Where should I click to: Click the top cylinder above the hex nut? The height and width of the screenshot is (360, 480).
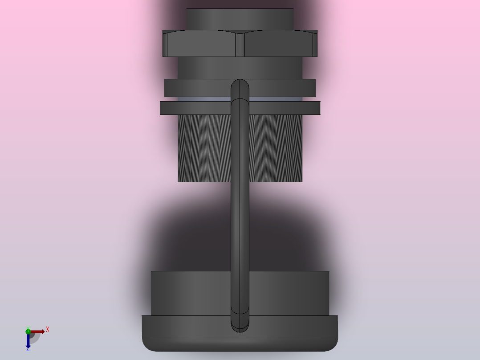point(240,19)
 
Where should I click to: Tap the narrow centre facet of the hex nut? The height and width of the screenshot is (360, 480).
point(240,45)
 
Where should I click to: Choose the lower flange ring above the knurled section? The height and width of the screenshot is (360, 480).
point(196,108)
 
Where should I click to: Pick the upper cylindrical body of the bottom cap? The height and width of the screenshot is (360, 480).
point(191,293)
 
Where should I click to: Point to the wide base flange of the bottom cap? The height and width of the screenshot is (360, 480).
point(187,327)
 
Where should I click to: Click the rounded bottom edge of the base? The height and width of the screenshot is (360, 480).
point(240,345)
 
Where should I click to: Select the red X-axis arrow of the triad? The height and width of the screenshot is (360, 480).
point(38,331)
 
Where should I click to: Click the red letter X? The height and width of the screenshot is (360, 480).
point(48,329)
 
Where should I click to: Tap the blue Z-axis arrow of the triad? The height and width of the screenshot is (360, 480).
point(28,340)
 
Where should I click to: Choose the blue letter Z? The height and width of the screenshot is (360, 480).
point(28,349)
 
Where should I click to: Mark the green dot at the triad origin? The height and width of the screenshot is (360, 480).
point(28,331)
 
